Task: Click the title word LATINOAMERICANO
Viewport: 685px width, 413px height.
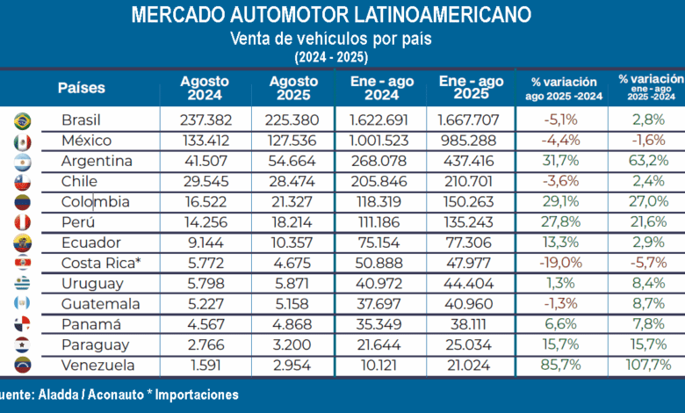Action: pyautogui.click(x=442, y=14)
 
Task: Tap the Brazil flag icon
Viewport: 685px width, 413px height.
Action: pyautogui.click(x=22, y=121)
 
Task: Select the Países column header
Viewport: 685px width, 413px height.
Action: pyautogui.click(x=82, y=87)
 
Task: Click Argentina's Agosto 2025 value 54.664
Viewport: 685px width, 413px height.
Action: pyautogui.click(x=292, y=161)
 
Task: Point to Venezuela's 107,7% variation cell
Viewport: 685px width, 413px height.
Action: pyautogui.click(x=648, y=365)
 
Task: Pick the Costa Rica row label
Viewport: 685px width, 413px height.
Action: pyautogui.click(x=101, y=263)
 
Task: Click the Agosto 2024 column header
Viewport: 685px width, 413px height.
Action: pyautogui.click(x=205, y=88)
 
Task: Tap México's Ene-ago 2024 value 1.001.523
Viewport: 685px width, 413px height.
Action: pyautogui.click(x=379, y=141)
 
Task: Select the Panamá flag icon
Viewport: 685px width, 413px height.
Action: pyautogui.click(x=22, y=324)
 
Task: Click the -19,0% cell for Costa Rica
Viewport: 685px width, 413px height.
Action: pyautogui.click(x=561, y=263)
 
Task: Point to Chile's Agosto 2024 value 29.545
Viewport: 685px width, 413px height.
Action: pyautogui.click(x=205, y=181)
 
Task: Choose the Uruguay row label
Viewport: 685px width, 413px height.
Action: pyautogui.click(x=92, y=284)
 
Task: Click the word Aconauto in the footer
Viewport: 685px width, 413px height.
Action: pyautogui.click(x=116, y=395)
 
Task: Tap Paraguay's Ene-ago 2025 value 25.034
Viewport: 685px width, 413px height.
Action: pyautogui.click(x=469, y=344)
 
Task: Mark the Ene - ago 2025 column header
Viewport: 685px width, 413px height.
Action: pyautogui.click(x=472, y=87)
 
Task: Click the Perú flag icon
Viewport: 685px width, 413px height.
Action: pyautogui.click(x=22, y=222)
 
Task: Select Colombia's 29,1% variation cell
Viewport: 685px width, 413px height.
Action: pyautogui.click(x=561, y=201)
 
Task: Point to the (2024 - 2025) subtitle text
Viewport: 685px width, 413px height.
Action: pyautogui.click(x=331, y=57)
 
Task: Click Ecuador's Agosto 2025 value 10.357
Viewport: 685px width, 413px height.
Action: pyautogui.click(x=292, y=243)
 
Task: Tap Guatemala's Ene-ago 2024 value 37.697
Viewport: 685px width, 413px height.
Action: pyautogui.click(x=379, y=304)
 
